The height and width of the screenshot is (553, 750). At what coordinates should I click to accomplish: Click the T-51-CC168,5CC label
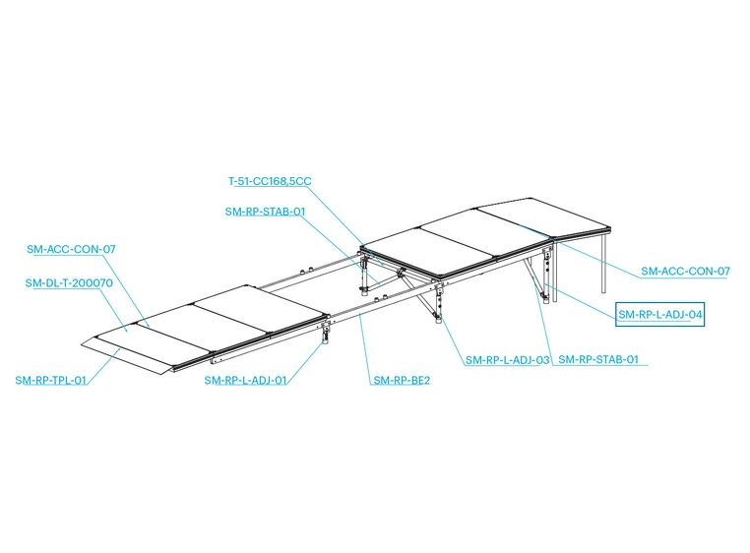click(270, 181)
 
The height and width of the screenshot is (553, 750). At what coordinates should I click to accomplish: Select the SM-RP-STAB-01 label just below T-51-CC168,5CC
click(265, 212)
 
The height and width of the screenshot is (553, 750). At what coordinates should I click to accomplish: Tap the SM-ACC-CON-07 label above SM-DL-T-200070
click(71, 249)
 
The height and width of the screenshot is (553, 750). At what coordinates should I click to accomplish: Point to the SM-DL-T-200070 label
click(69, 282)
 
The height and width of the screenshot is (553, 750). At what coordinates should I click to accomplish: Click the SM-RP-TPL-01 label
click(51, 380)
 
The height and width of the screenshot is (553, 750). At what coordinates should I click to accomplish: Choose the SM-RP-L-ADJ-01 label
click(245, 380)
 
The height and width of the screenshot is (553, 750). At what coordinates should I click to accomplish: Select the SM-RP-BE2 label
click(402, 380)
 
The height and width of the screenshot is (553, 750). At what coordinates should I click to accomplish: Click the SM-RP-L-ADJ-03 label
click(508, 360)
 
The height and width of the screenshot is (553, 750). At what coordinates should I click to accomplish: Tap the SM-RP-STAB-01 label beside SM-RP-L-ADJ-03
click(598, 359)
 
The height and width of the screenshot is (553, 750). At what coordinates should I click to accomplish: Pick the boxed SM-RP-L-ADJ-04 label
click(660, 314)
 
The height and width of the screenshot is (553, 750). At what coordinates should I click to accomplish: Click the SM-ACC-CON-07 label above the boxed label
click(685, 272)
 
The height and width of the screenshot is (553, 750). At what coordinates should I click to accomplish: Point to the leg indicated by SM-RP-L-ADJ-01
click(326, 333)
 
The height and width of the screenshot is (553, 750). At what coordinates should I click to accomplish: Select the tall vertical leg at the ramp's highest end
click(604, 262)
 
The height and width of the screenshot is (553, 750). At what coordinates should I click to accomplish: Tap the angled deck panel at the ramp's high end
click(545, 216)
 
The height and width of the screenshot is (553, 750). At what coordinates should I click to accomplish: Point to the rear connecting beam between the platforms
click(309, 274)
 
